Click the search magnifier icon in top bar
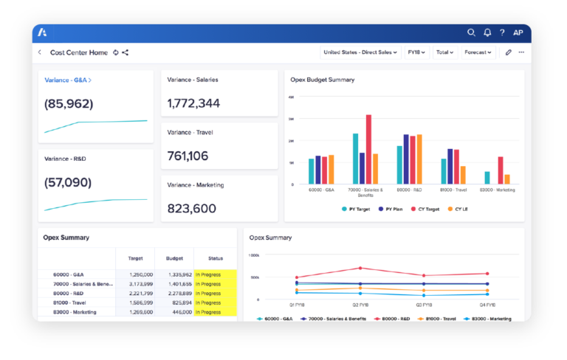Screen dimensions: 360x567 pos(472,32)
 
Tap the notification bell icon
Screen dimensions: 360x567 pos(487,32)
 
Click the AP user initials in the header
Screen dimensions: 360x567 pos(518,32)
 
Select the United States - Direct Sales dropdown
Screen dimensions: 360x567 pos(361,52)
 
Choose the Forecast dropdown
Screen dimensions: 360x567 pos(478,52)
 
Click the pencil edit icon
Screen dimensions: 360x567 pos(508,52)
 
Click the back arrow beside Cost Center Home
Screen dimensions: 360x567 pos(40,52)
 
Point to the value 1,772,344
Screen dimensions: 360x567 pos(193,103)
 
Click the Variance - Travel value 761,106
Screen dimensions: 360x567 pos(188,156)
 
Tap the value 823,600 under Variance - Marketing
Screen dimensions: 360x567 pos(192,208)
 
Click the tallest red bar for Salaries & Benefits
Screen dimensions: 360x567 pos(368,148)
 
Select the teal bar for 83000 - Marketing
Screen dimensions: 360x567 pos(487,177)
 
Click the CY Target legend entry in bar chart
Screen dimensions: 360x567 pos(426,209)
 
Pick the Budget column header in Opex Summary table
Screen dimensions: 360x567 pos(174,258)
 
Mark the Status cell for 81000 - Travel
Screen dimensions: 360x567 pos(215,302)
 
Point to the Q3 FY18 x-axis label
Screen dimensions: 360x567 pos(424,304)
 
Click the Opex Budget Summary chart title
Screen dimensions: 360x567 pos(322,80)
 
